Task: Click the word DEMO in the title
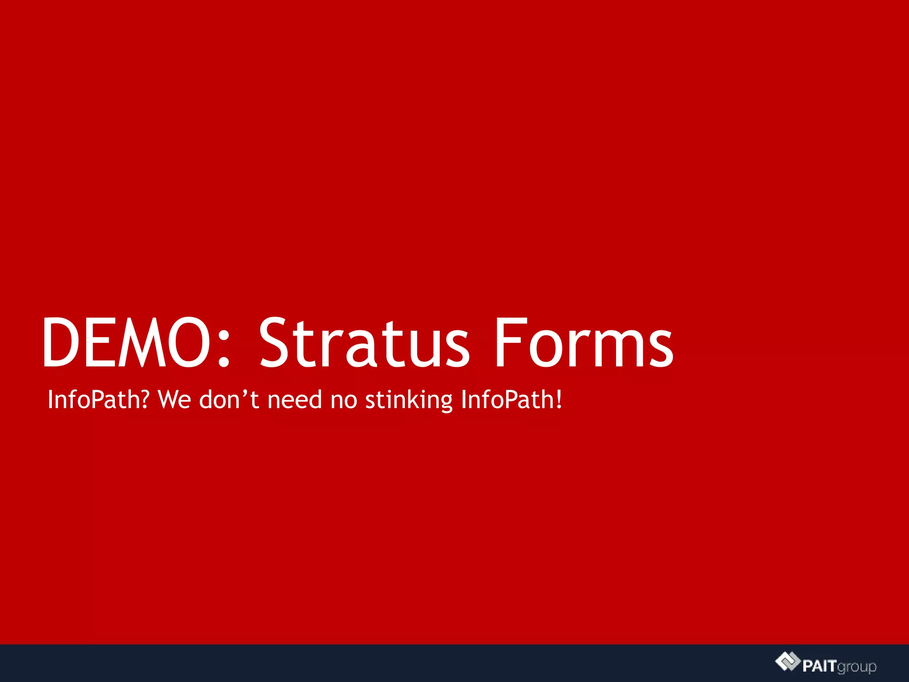click(126, 342)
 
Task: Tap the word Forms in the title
click(584, 342)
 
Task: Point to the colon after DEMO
click(224, 349)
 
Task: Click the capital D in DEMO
click(62, 342)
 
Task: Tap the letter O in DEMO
click(189, 342)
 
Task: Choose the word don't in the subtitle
click(229, 400)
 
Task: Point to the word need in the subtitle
click(295, 400)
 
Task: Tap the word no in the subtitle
click(344, 400)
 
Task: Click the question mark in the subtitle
click(145, 400)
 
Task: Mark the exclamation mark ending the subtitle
click(559, 400)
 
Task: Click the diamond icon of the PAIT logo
click(787, 662)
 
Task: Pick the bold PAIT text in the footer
click(819, 666)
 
